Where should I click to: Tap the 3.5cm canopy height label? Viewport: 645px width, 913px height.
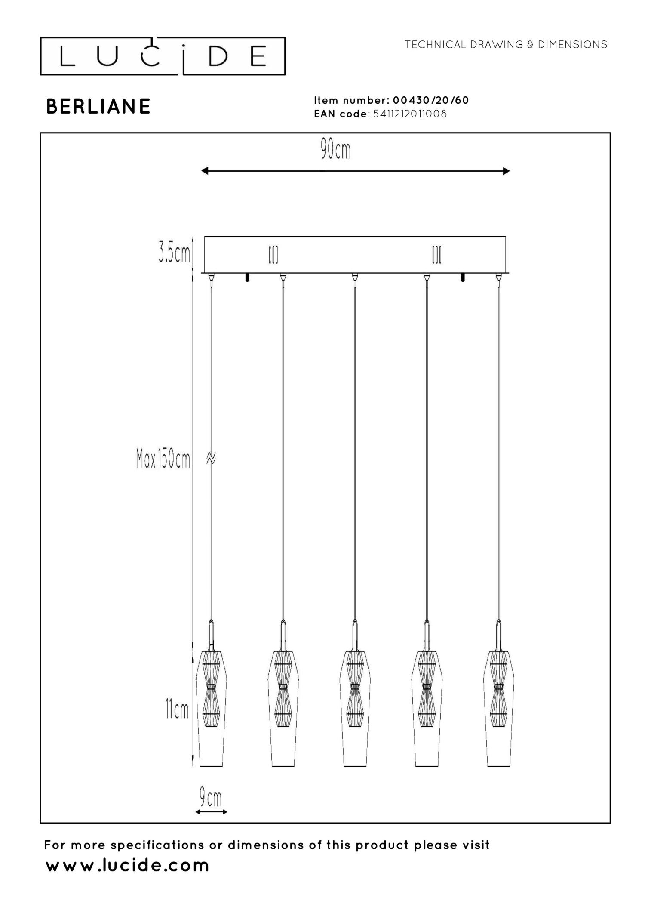click(x=174, y=253)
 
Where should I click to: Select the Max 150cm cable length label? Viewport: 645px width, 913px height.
click(x=163, y=458)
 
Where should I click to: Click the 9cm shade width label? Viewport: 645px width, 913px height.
click(x=211, y=797)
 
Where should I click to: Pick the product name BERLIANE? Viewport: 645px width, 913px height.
click(x=98, y=106)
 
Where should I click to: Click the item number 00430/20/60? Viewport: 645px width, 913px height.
click(x=430, y=100)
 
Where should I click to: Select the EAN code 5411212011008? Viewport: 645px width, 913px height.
click(x=410, y=114)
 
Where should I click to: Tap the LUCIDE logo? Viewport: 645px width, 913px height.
click(x=163, y=56)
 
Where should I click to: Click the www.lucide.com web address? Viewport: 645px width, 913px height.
click(x=127, y=865)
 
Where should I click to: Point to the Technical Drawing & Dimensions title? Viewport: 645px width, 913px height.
click(x=506, y=44)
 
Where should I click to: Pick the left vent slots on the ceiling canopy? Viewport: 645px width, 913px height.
click(x=273, y=255)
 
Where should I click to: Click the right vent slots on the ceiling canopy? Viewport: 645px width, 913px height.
click(x=436, y=255)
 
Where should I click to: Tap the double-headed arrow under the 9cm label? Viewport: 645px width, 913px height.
click(x=211, y=812)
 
